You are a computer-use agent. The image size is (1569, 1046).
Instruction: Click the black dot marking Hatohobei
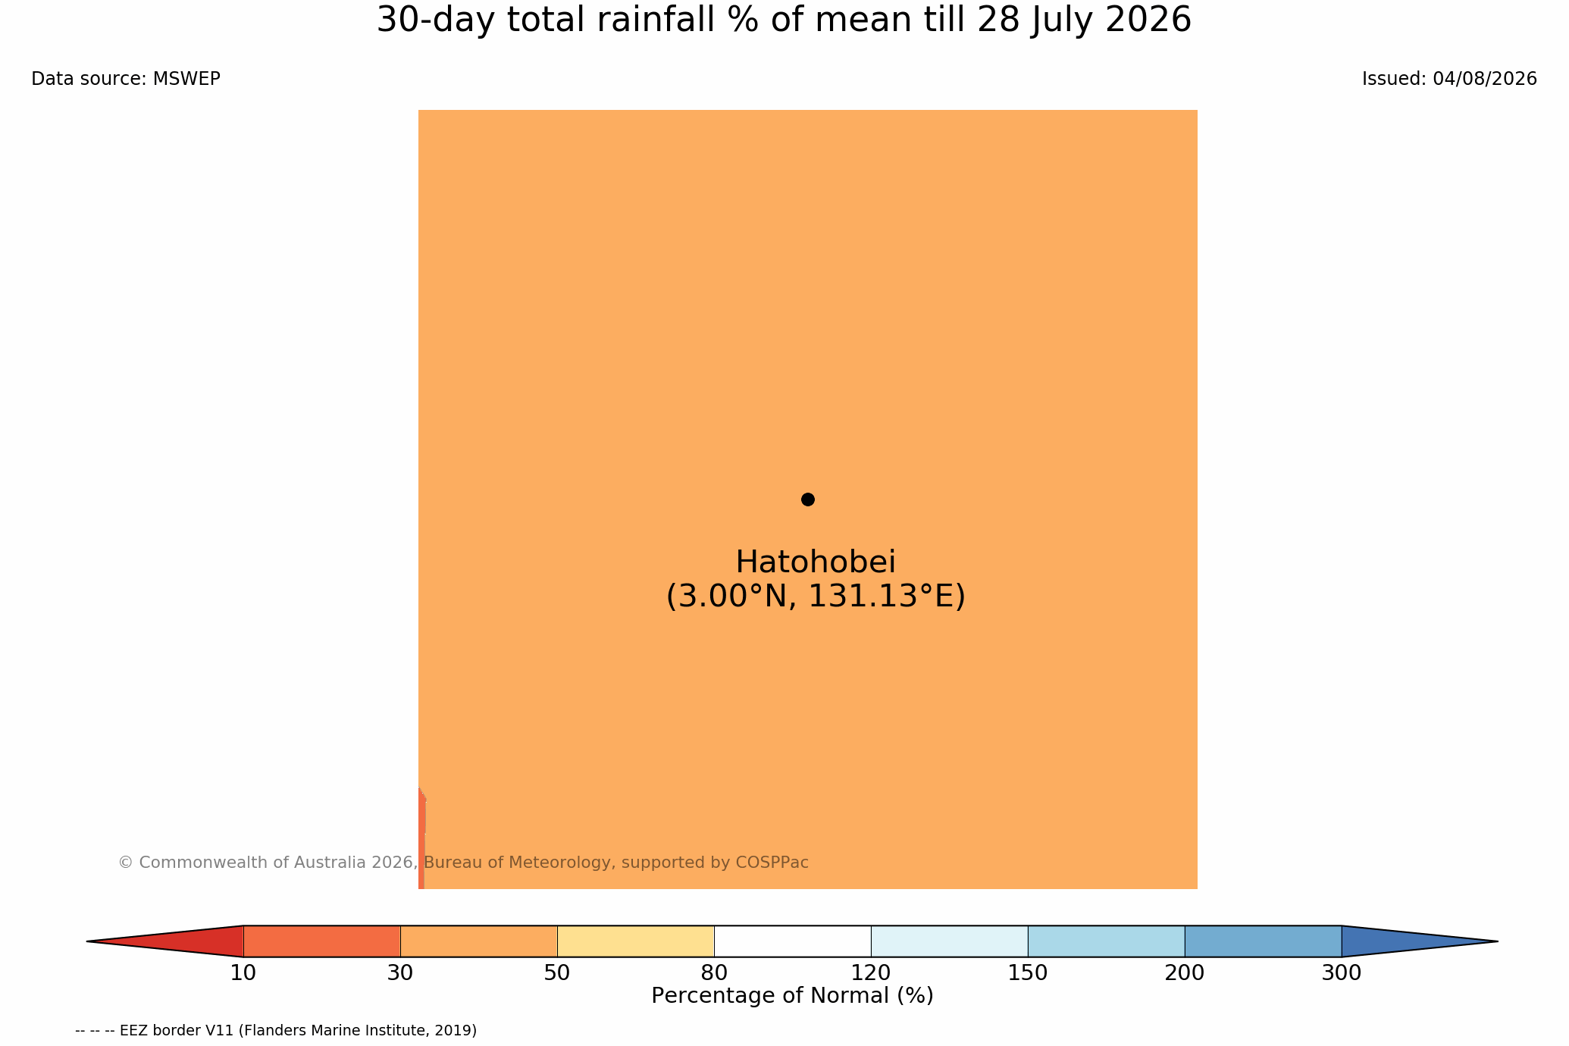click(808, 500)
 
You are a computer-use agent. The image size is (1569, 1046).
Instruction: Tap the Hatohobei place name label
click(816, 562)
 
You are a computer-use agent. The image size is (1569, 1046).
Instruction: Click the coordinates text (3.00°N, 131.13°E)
click(816, 597)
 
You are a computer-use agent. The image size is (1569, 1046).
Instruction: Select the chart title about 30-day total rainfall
click(784, 20)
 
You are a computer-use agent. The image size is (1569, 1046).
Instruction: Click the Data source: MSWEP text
click(126, 79)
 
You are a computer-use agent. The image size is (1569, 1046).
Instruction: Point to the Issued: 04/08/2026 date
click(1449, 79)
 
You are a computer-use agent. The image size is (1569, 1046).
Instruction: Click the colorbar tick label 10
click(243, 973)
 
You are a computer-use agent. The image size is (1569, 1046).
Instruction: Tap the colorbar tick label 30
click(400, 973)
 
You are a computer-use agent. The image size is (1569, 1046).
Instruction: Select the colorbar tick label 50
click(557, 973)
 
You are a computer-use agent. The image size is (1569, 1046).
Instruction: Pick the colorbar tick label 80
click(714, 973)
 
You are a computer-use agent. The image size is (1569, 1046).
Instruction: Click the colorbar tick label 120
click(871, 973)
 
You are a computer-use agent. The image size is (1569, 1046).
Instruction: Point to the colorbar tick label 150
click(1028, 973)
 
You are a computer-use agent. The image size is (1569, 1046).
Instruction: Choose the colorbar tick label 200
click(1185, 973)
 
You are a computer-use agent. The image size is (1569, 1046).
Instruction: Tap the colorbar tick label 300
click(1342, 973)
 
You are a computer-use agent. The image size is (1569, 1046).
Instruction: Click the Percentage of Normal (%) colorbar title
click(792, 996)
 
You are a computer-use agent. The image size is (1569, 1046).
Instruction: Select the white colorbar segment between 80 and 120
click(792, 941)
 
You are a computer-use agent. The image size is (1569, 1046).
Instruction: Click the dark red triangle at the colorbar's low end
click(189, 941)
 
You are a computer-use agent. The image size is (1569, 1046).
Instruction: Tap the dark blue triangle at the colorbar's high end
click(1395, 941)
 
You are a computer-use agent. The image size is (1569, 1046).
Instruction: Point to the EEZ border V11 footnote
click(276, 1031)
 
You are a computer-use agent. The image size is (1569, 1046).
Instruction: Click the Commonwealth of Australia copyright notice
click(463, 863)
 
